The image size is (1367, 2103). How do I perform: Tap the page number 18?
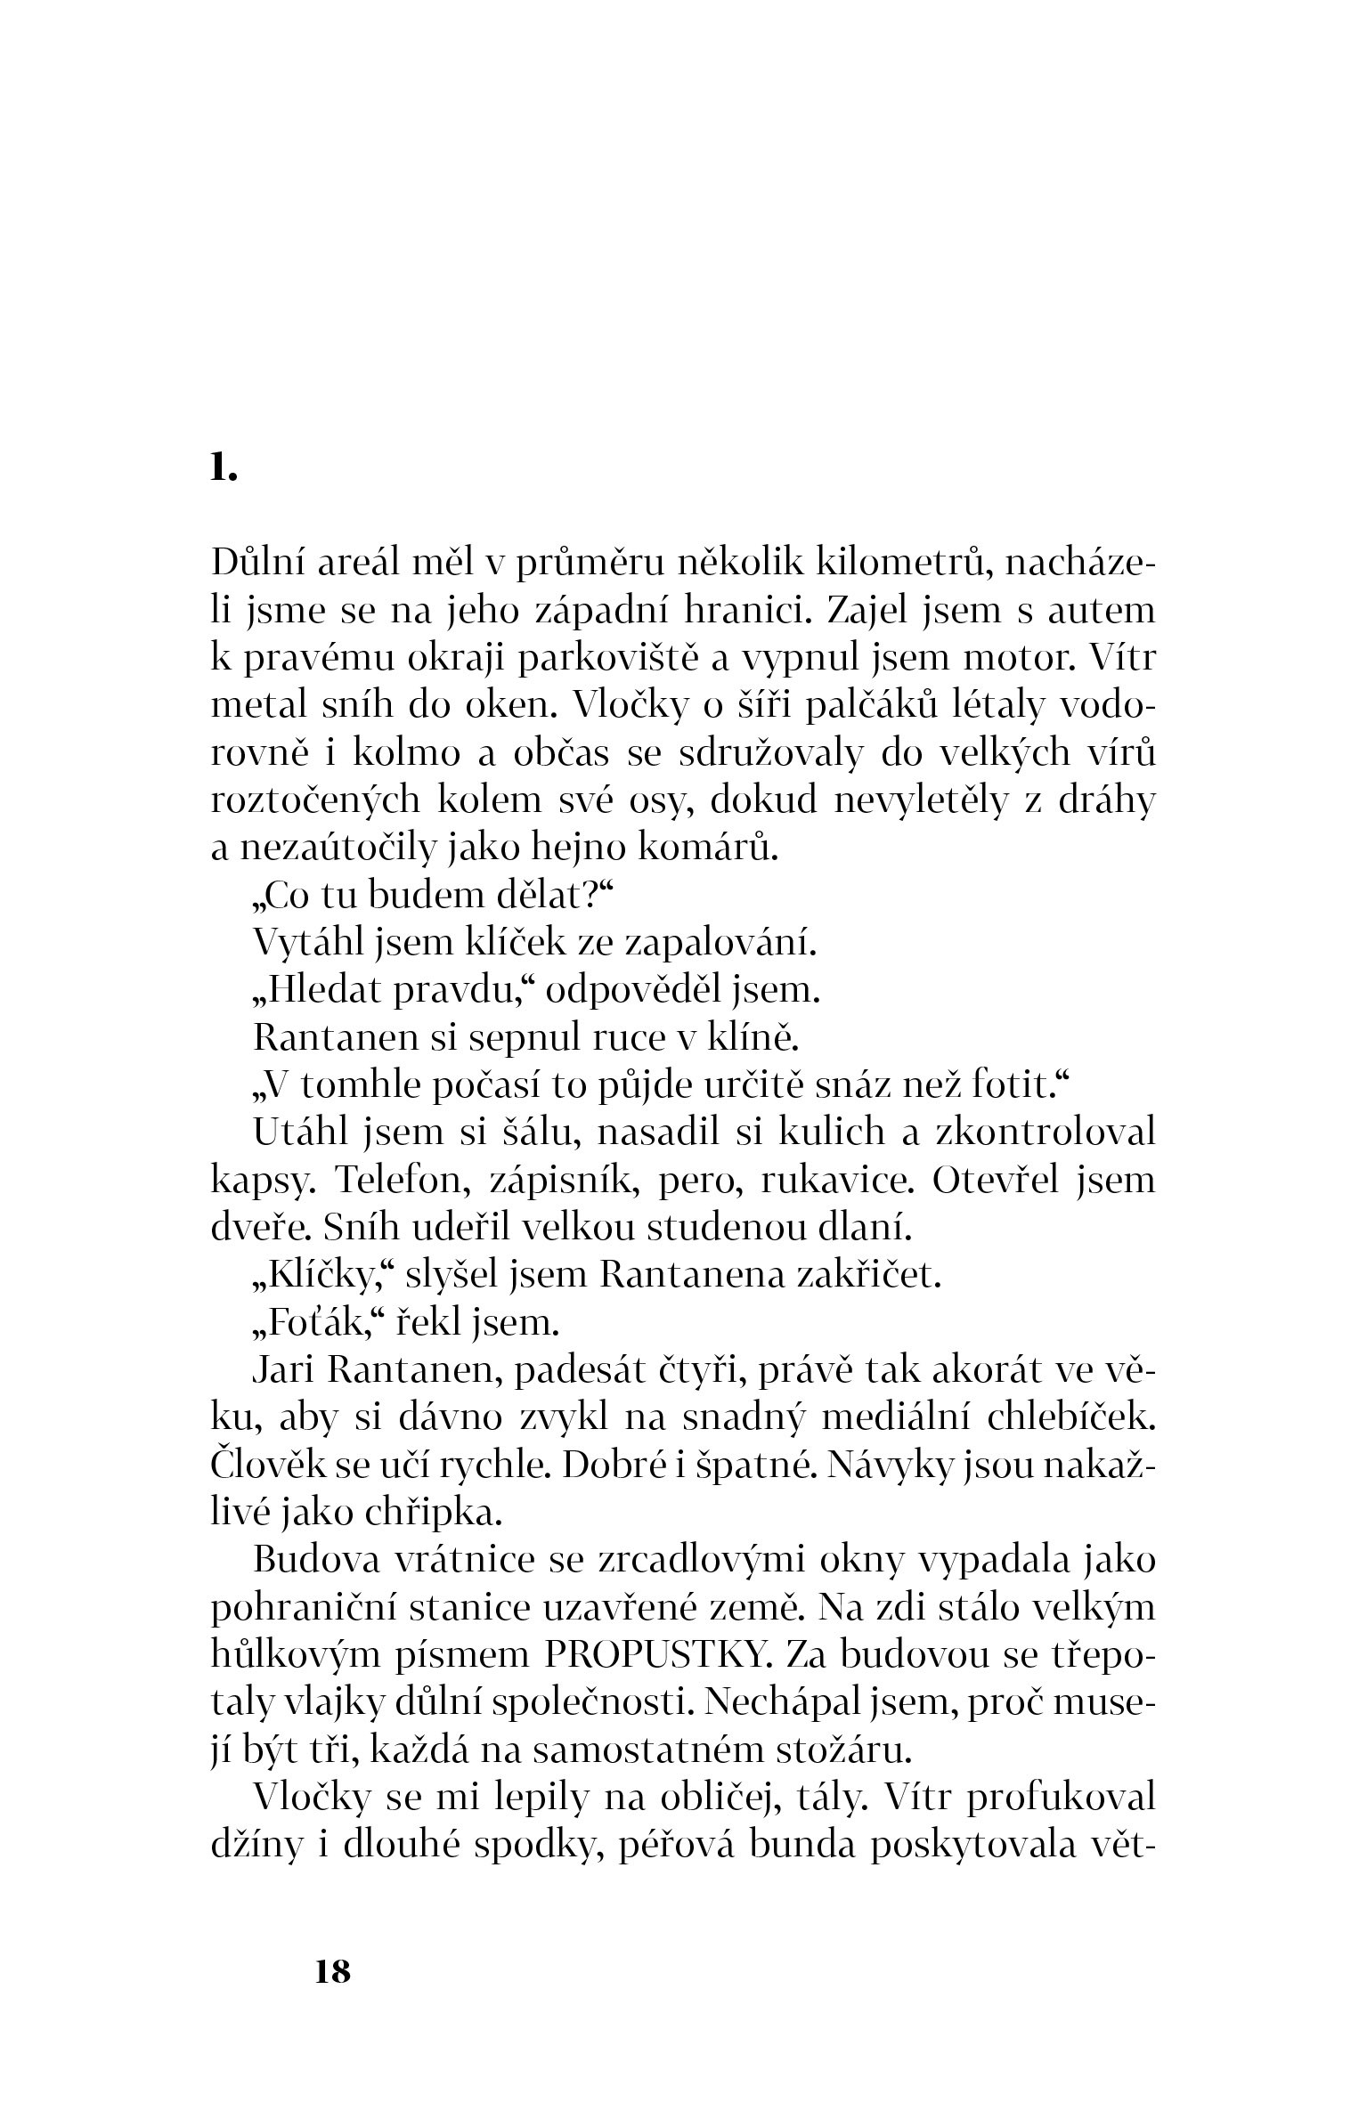pos(333,1971)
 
